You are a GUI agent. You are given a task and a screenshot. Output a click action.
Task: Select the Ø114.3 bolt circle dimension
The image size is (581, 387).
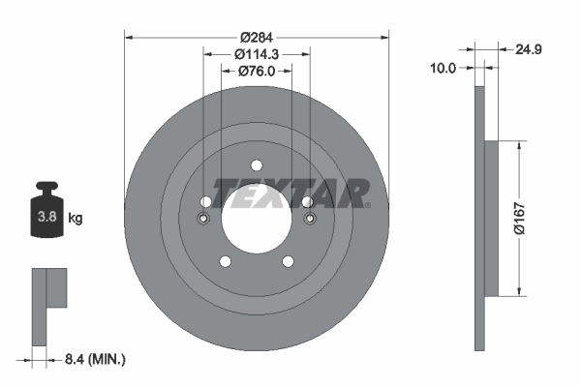click(257, 54)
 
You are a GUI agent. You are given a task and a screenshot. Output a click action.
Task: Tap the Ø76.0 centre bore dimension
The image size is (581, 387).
click(257, 70)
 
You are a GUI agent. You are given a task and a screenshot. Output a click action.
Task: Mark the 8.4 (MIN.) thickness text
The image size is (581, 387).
click(93, 360)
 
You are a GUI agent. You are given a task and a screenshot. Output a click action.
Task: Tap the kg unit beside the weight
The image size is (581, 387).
click(76, 219)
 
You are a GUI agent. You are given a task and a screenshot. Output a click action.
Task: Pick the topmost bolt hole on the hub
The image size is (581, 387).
click(257, 164)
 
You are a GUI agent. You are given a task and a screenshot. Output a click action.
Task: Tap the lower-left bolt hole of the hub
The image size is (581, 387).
click(226, 261)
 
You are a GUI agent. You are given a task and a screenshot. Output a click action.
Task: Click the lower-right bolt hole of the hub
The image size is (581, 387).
click(288, 261)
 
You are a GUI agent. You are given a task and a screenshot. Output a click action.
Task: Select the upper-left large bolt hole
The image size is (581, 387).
click(205, 201)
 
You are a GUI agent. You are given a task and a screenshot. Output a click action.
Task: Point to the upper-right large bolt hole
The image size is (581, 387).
click(307, 201)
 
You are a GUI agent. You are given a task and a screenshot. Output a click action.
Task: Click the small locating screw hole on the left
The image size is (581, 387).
click(203, 218)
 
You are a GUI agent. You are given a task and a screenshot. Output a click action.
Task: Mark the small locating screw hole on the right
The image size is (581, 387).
click(310, 218)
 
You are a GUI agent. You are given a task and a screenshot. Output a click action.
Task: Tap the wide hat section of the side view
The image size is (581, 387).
click(490, 218)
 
